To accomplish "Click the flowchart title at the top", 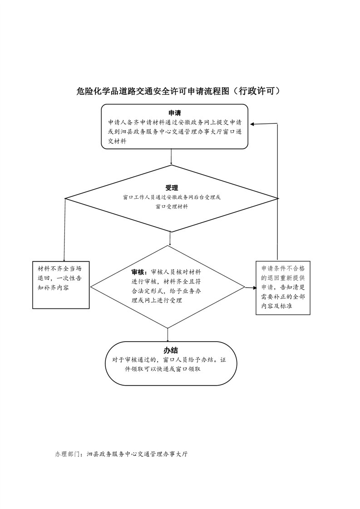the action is tap(178, 91).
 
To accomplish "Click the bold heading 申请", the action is tap(174, 113).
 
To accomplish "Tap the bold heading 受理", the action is tap(172, 188).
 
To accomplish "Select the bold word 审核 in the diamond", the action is tap(138, 272).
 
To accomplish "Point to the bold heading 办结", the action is tap(171, 350).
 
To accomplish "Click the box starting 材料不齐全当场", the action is tap(61, 285).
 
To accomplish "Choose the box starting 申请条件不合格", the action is tap(283, 288).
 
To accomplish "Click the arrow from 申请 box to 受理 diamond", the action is tap(171, 157).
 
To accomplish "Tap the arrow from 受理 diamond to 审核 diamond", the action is tap(170, 239).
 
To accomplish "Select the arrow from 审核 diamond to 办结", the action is tap(168, 335).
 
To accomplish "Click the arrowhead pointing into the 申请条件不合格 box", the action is tap(255, 288).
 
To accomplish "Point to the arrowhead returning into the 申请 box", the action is tap(252, 124).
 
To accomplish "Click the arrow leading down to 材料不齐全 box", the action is tap(64, 230).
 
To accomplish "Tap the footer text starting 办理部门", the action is tap(121, 454).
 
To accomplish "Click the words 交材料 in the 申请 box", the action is tap(117, 141).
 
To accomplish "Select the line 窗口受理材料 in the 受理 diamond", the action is tap(172, 206).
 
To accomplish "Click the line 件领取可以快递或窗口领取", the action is tap(163, 369).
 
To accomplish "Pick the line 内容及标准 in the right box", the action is tap(277, 306).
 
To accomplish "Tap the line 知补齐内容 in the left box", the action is tap(53, 288).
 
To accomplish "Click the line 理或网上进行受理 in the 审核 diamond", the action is tap(157, 300).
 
